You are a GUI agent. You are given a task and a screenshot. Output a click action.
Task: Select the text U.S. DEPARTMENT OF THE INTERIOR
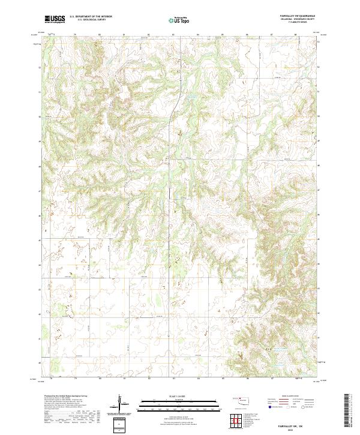coord(91,17)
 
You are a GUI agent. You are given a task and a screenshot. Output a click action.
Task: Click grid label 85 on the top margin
coord(223,34)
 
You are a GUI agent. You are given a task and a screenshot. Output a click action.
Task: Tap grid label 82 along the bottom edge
coord(149,379)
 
